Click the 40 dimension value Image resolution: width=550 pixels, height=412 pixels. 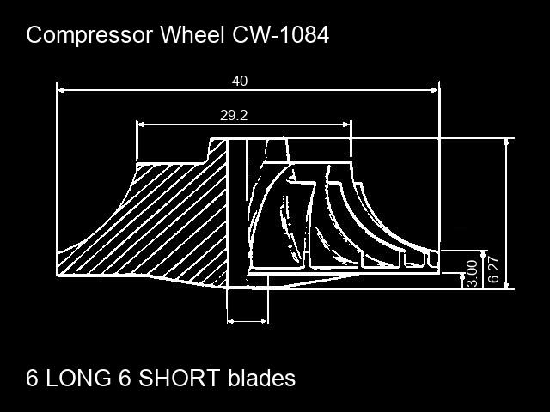click(x=240, y=81)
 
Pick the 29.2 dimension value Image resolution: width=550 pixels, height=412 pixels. click(x=234, y=116)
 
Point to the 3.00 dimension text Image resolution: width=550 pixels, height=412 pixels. click(x=471, y=272)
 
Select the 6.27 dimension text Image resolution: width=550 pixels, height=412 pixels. click(x=493, y=269)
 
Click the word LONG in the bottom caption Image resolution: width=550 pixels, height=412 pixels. click(x=78, y=378)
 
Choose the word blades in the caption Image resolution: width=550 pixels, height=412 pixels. click(x=261, y=378)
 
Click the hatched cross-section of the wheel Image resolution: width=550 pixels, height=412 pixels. click(x=172, y=223)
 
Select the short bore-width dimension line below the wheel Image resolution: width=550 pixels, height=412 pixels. click(x=247, y=321)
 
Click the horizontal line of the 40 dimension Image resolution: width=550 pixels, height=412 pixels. click(x=155, y=88)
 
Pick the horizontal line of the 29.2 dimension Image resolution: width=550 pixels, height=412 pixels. click(x=284, y=124)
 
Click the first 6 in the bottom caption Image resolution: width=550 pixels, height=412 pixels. click(x=33, y=378)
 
